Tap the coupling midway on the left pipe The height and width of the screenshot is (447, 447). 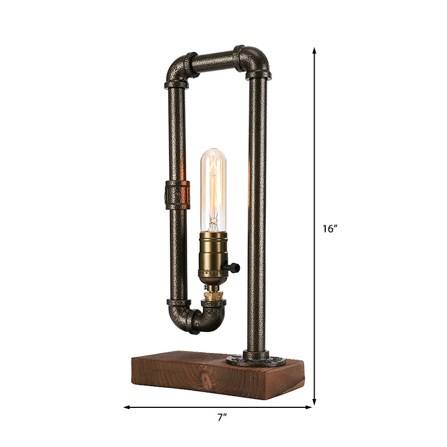click(177, 194)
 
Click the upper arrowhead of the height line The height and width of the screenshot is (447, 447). click(315, 51)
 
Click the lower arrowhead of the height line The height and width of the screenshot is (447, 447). click(315, 401)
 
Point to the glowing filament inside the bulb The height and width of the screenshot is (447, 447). click(212, 190)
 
